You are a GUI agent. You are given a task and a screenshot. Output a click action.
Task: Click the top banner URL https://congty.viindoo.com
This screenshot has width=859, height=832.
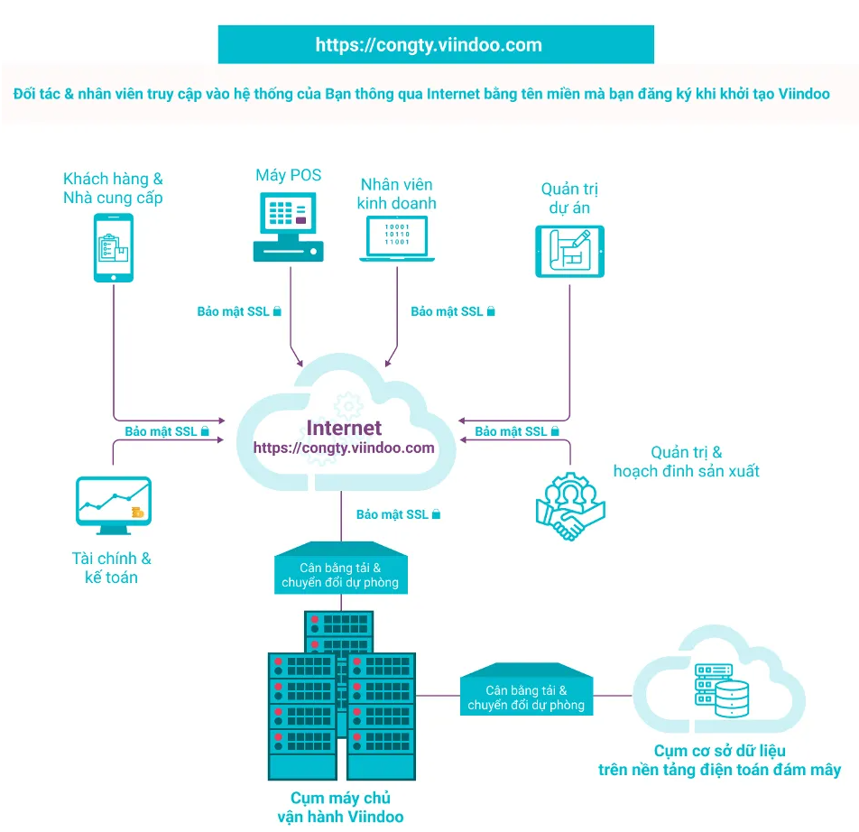pos(429,44)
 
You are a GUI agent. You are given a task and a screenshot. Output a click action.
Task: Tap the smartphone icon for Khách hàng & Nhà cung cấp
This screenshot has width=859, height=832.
pos(114,247)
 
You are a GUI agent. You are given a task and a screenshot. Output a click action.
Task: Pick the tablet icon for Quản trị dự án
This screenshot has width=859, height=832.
pos(570,251)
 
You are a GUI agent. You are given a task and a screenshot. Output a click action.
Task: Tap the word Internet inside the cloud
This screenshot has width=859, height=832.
pos(344,428)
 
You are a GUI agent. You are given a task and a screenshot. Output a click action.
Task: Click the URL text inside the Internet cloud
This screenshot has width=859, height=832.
pos(344,448)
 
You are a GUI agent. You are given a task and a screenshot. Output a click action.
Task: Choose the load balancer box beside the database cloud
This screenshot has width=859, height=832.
pos(526,695)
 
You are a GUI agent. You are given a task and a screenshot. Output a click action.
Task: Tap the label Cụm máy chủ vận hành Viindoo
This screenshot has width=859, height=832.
pos(340,807)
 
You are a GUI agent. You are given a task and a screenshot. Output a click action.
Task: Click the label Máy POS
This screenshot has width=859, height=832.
pos(288,175)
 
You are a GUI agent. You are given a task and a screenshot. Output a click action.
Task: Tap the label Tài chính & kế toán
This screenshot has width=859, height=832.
pos(111,568)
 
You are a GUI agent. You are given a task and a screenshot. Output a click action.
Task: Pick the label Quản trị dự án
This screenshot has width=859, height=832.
pos(570,199)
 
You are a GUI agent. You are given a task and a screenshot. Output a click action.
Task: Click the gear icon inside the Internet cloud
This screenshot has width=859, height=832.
pos(344,402)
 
